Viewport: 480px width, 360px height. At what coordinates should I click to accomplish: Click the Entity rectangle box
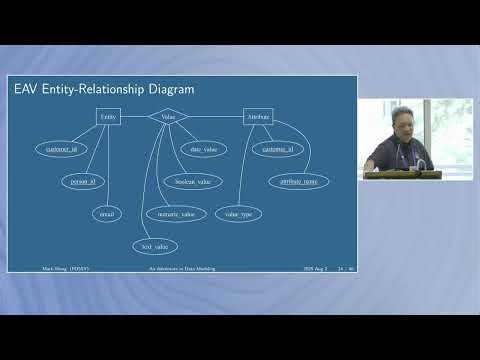[109, 117]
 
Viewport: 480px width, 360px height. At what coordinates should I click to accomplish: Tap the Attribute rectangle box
[258, 117]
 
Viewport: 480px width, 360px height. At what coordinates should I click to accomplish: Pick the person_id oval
[83, 182]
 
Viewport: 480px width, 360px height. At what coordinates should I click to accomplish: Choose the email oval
[107, 213]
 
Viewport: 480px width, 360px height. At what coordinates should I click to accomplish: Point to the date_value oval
[203, 149]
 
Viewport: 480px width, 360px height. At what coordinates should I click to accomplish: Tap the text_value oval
[154, 245]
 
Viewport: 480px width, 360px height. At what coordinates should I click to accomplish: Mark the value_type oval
[237, 213]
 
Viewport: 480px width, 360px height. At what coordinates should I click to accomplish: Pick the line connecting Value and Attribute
[216, 117]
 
